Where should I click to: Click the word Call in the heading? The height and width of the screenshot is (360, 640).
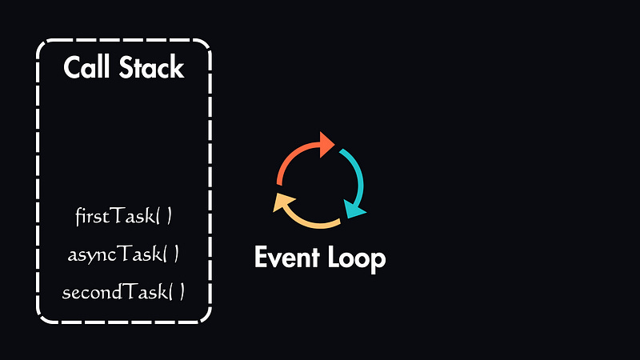coord(88,68)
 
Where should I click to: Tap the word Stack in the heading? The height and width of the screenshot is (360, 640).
coord(152,68)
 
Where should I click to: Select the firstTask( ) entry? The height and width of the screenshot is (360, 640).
coord(124,216)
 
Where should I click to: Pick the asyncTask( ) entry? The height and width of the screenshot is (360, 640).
coord(124,254)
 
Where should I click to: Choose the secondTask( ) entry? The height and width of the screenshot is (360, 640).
coord(124,292)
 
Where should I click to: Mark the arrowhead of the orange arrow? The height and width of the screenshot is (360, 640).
coord(326,144)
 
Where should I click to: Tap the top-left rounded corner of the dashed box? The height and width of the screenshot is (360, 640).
coord(43,46)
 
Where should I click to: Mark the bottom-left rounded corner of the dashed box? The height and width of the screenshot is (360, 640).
coord(43,317)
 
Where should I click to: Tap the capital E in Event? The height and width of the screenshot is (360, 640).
coord(261,258)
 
